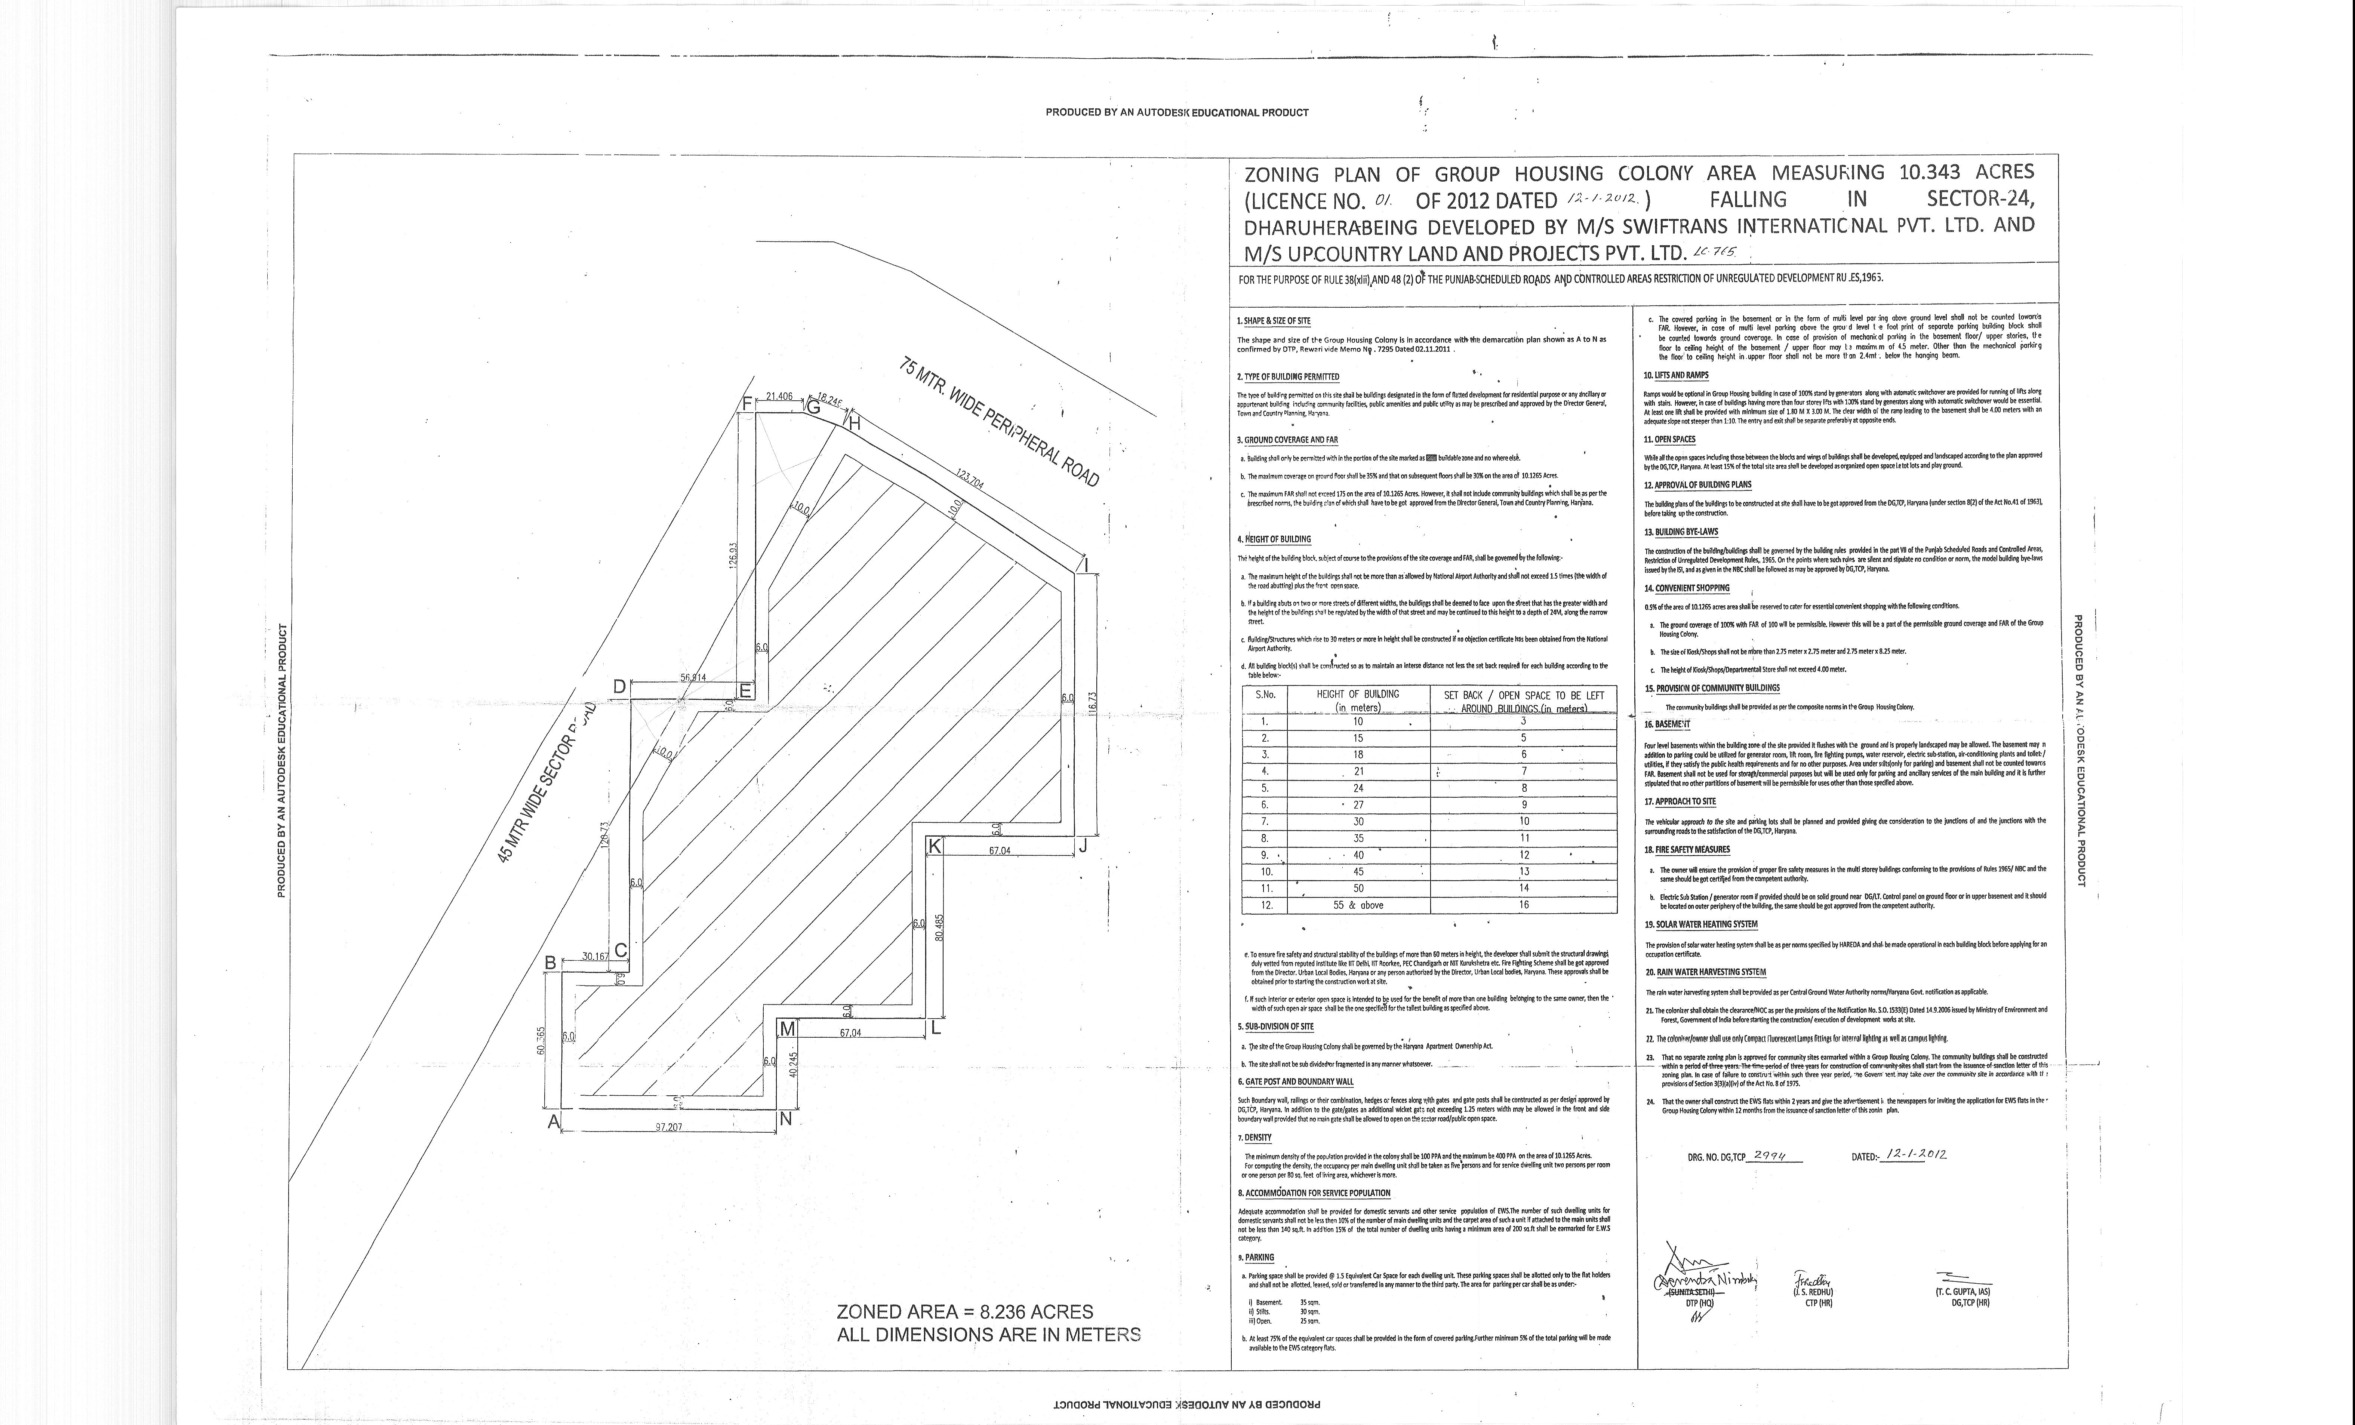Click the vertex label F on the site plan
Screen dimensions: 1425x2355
click(747, 403)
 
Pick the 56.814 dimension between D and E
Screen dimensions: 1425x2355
click(693, 678)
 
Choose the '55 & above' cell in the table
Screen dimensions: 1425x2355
click(1358, 905)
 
